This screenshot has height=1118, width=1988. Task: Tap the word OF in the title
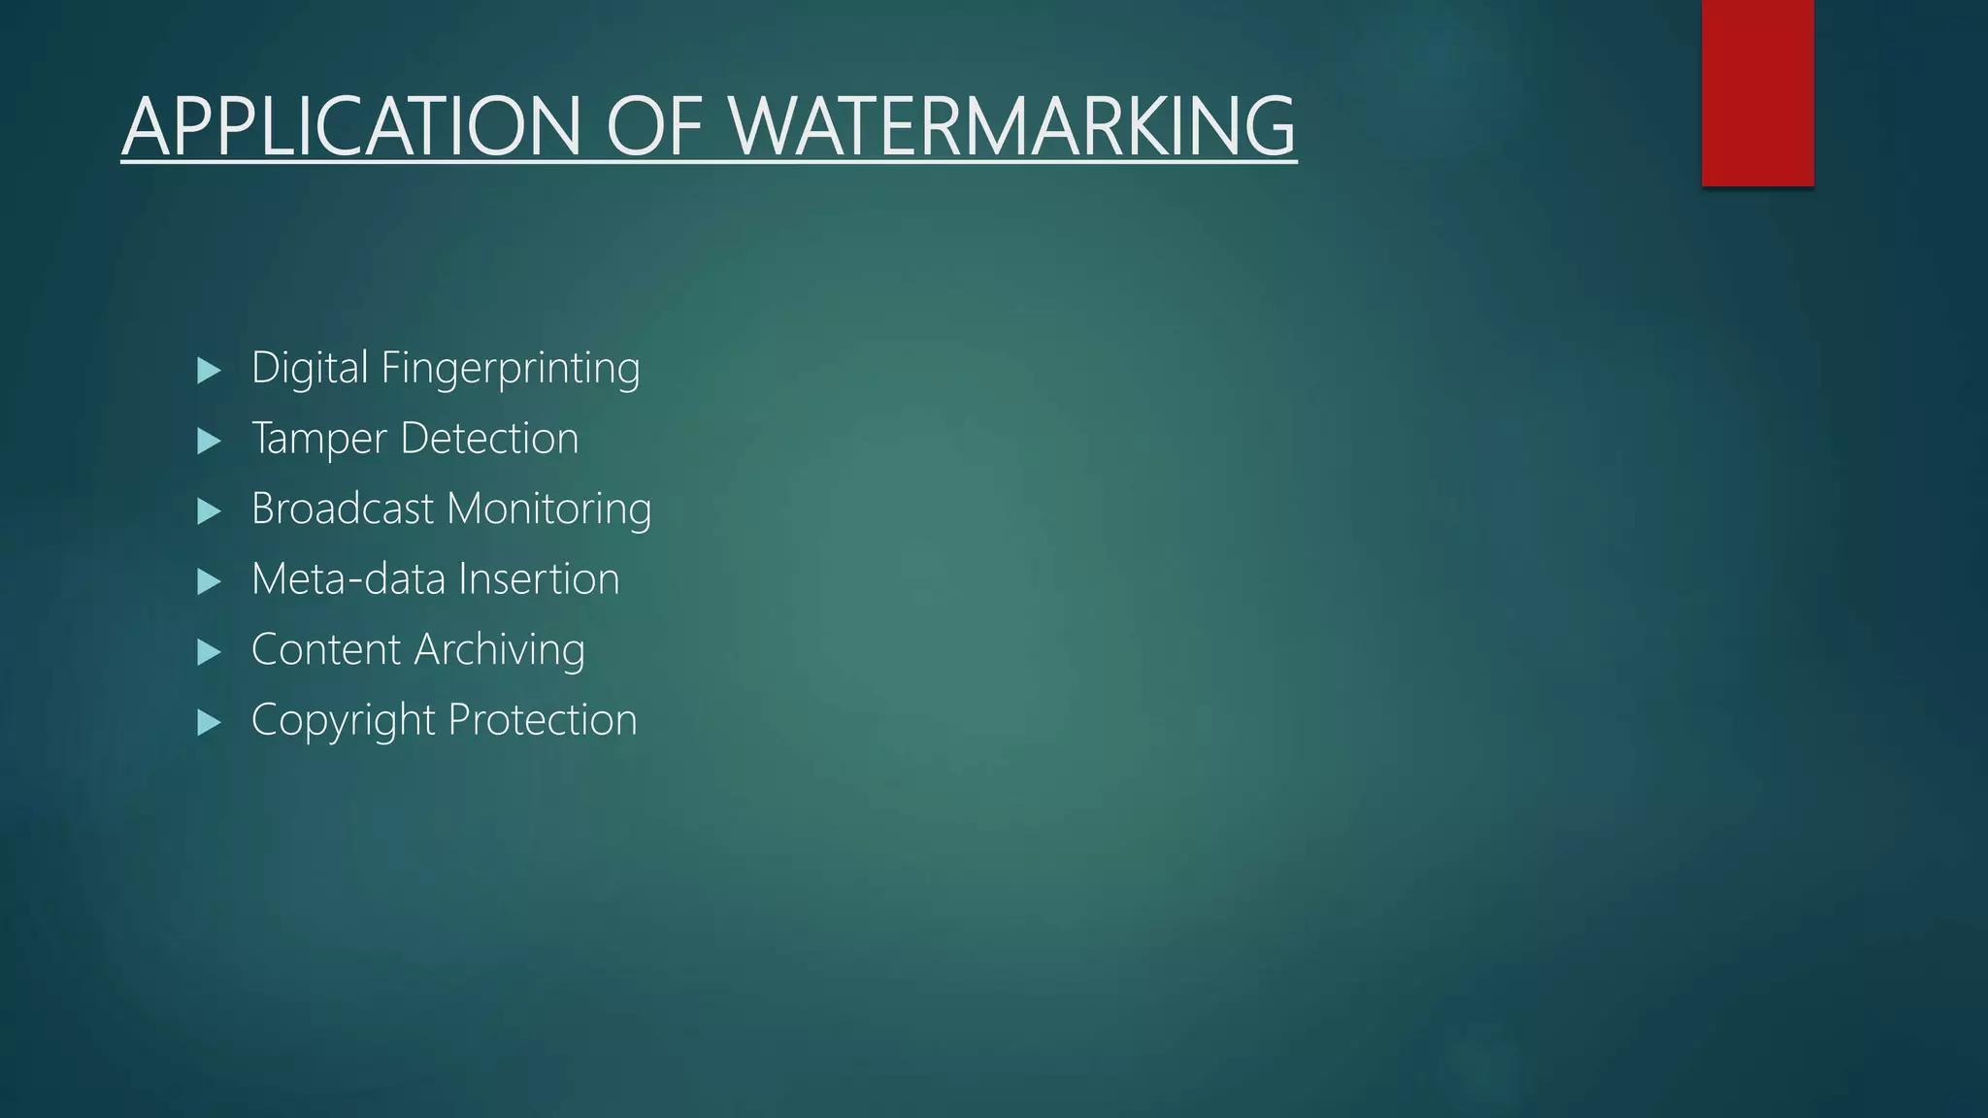[654, 126]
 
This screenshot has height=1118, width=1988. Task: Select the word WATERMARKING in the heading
[1012, 126]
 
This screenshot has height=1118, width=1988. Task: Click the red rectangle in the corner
[1757, 92]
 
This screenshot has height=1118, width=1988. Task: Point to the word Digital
[310, 368]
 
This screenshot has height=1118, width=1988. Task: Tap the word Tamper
[318, 439]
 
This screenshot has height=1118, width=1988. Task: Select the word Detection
[489, 438]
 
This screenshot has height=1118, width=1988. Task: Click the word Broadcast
[342, 509]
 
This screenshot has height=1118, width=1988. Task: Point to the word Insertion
[539, 579]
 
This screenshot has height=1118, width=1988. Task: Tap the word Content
[325, 649]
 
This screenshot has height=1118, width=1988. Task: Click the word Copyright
[343, 721]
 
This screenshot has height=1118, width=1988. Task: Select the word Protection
[543, 720]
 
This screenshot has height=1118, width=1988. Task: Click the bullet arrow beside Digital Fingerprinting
[209, 370]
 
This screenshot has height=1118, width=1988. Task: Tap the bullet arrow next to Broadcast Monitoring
[209, 511]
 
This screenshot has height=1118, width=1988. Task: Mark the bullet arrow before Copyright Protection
[209, 722]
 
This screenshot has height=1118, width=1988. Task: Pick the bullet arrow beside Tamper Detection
[209, 441]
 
